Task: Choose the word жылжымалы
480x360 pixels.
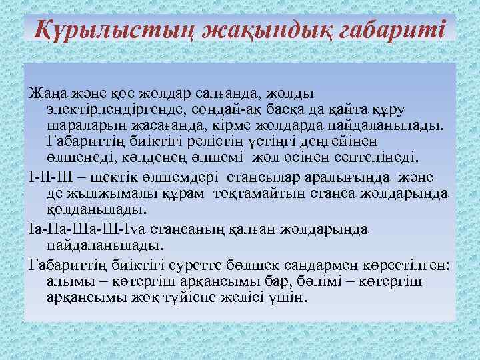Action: [108, 193]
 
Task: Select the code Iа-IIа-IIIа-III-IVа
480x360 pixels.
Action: [94, 228]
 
